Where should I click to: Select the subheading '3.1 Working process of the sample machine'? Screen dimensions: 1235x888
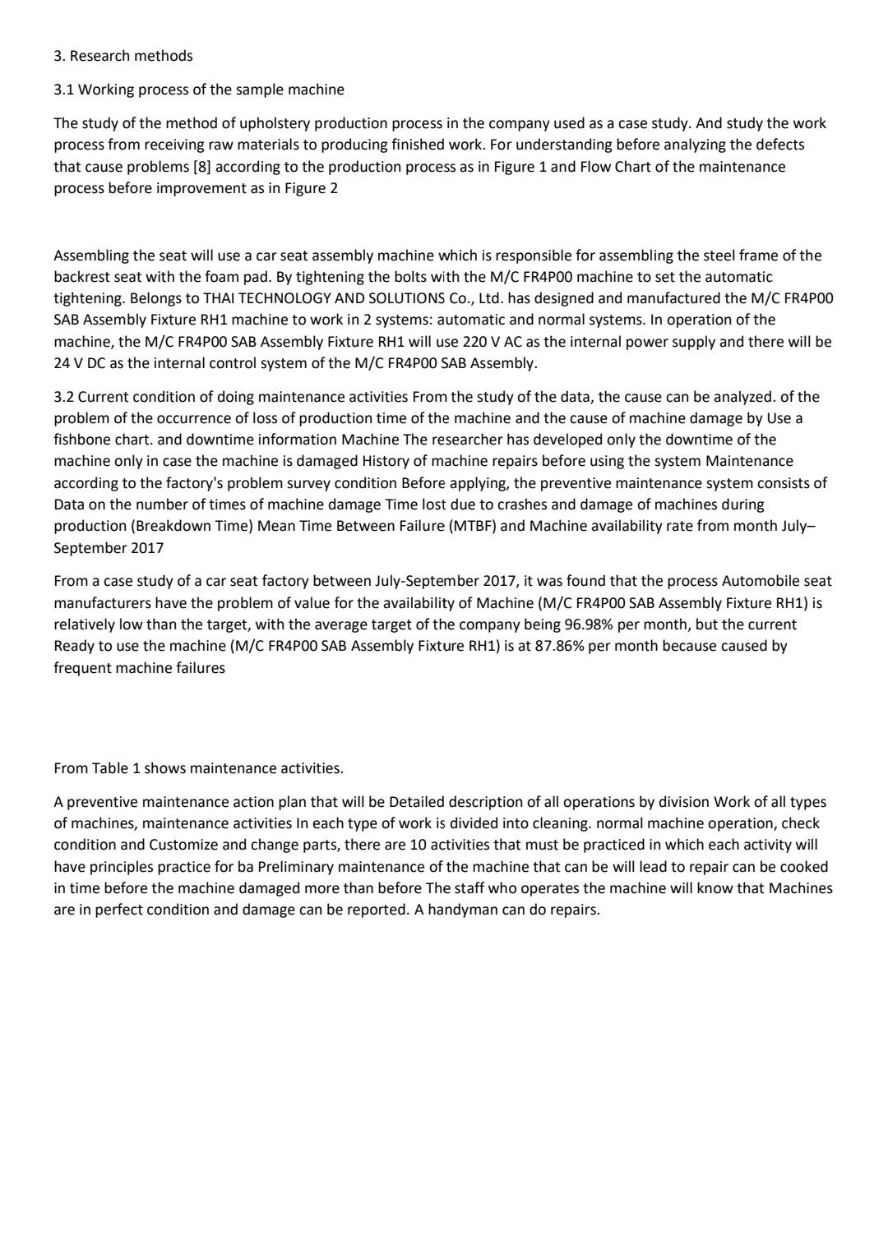(x=199, y=89)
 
